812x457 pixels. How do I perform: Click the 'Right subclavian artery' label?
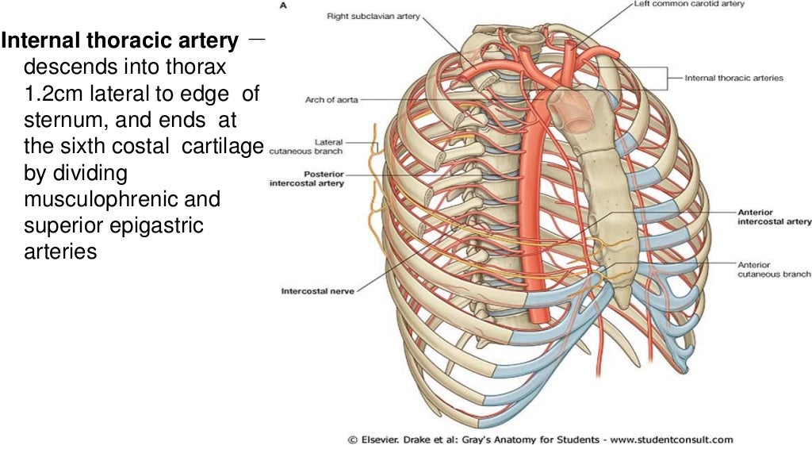click(x=373, y=15)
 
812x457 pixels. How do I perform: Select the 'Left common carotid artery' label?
click(x=688, y=4)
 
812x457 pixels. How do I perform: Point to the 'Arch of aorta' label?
click(x=331, y=100)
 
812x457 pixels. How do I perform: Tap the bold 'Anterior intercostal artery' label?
click(x=773, y=217)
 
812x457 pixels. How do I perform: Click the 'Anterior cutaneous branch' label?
click(x=773, y=269)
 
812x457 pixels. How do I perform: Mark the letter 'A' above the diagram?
click(x=284, y=5)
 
